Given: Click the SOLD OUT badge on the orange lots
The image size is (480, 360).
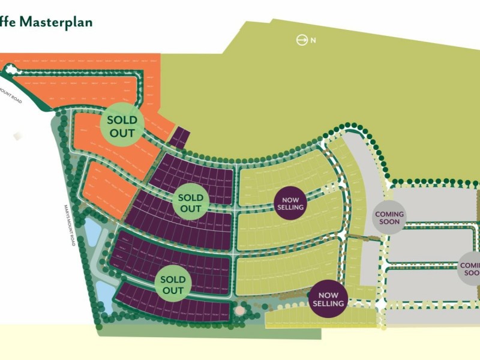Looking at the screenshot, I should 122,125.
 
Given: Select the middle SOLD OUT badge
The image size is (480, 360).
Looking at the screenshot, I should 191,203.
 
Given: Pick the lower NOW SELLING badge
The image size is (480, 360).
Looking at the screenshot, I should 328,299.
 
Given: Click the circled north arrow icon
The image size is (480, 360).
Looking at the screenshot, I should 302,40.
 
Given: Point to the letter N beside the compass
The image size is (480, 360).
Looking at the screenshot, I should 313,41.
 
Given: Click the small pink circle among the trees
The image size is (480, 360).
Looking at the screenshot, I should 241,311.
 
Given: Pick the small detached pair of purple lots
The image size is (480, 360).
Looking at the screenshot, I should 178,137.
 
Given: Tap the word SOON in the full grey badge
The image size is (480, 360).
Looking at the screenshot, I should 389,222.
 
